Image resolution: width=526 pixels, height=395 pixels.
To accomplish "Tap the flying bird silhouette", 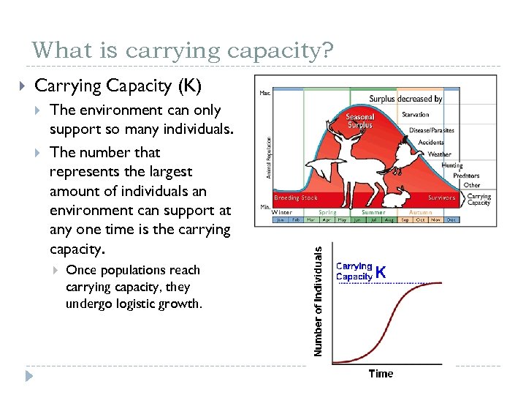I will (405, 156).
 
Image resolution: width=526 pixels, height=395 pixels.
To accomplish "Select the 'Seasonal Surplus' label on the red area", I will (360, 121).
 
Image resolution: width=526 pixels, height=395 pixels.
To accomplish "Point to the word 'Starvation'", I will (416, 115).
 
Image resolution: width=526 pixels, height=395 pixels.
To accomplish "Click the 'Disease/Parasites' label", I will (432, 130).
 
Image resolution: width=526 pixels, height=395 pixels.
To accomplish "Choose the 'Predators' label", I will (466, 176).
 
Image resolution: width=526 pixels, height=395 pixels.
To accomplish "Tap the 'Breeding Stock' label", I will (296, 197).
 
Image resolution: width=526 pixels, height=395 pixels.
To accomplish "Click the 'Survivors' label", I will (441, 197).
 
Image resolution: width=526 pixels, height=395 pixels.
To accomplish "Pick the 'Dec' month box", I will (451, 219).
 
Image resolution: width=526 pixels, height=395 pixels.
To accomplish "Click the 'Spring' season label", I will (327, 212).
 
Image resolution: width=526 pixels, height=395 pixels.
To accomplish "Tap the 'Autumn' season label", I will (421, 212).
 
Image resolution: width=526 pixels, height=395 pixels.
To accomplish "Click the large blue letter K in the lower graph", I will (381, 271).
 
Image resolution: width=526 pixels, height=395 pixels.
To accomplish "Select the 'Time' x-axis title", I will (381, 374).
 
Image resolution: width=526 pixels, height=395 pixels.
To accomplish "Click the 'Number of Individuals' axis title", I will (318, 301).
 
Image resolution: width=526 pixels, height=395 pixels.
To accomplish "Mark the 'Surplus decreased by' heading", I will (405, 99).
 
